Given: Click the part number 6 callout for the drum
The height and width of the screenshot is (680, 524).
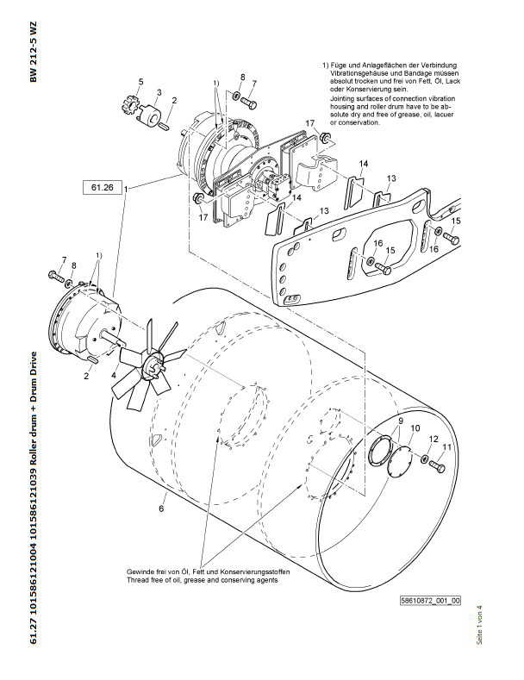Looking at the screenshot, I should [160, 509].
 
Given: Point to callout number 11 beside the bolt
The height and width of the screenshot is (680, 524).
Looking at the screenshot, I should [447, 447].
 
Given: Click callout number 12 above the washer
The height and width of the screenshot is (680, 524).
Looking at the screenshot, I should [434, 439].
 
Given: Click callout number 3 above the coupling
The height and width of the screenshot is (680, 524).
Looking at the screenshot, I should [159, 91].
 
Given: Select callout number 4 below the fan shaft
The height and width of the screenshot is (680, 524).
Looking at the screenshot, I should [114, 374].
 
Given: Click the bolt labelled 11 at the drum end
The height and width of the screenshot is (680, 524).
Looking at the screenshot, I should [436, 466].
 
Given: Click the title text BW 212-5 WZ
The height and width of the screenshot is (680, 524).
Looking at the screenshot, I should [34, 52].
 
